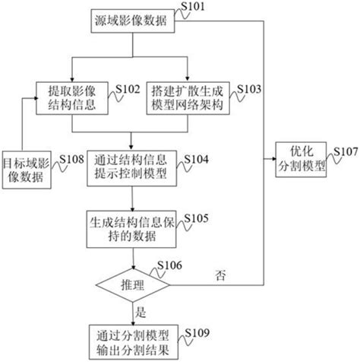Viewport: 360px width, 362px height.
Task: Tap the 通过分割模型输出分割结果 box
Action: [134, 340]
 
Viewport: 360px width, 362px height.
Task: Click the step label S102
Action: [127, 90]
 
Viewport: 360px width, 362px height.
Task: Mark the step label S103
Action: [248, 90]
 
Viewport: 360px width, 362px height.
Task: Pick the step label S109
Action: [191, 332]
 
